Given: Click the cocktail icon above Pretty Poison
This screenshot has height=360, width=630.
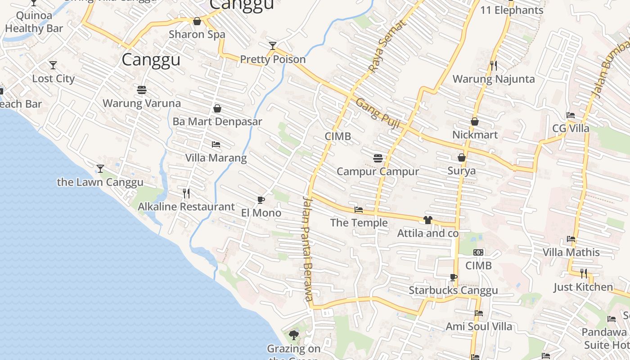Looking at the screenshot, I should [272, 45].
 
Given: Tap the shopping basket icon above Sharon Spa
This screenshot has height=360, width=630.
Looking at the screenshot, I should [197, 21].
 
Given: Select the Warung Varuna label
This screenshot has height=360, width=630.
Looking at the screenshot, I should [142, 103].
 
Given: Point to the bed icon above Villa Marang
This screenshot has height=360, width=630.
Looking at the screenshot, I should [216, 144].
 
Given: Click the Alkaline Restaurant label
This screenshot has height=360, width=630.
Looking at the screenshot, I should [186, 207].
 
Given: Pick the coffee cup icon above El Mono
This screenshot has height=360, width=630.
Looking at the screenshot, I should [261, 200].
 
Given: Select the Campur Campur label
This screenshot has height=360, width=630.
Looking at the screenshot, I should [378, 171].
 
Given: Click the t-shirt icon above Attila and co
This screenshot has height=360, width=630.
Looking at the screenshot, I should [427, 220].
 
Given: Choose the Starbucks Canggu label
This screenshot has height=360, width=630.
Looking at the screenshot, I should [453, 290].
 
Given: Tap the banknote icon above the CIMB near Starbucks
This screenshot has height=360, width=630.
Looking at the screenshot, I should [478, 252].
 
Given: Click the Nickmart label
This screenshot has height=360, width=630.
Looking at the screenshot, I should [475, 135].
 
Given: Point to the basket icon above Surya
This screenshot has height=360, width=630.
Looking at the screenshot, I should [462, 157].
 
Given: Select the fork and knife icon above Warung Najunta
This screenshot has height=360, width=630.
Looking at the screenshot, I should [494, 66].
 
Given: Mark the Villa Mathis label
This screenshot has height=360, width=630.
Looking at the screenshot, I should [571, 252].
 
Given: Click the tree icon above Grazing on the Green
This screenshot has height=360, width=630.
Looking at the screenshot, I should [294, 335].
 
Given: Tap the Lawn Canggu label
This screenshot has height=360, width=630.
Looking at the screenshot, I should [100, 182].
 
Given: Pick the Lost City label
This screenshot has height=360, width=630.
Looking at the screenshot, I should [53, 78].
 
